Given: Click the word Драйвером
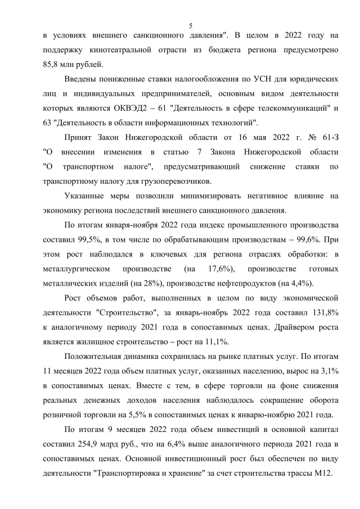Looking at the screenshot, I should click(x=272, y=327).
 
